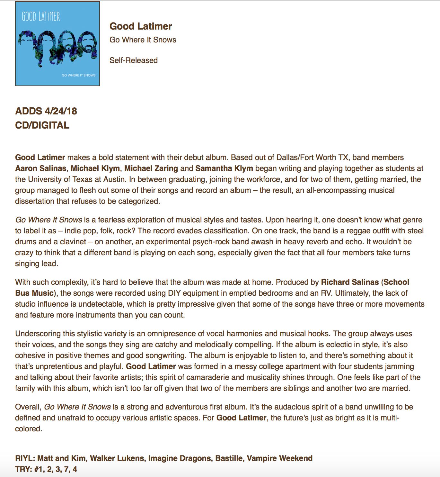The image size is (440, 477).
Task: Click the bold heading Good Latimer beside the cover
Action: (141, 26)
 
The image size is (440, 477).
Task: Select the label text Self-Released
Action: (134, 60)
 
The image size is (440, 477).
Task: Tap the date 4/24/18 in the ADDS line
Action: (61, 111)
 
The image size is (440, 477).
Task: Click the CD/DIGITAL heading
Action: (42, 125)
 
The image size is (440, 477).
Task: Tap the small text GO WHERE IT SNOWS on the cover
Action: (78, 75)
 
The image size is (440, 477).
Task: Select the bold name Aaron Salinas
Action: (41, 168)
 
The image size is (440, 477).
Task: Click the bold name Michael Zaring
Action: (151, 168)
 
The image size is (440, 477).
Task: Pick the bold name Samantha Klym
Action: (224, 168)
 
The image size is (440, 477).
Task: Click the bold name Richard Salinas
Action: (350, 282)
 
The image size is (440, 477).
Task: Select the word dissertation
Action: (34, 201)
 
